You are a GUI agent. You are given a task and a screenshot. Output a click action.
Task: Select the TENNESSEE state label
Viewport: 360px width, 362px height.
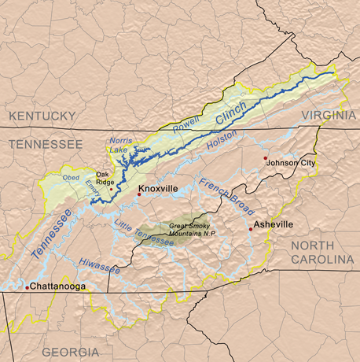click(45, 145)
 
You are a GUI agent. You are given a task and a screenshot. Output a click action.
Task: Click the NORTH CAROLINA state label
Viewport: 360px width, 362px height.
click(323, 253)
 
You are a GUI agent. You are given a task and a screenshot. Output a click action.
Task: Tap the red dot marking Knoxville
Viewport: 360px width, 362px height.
click(139, 194)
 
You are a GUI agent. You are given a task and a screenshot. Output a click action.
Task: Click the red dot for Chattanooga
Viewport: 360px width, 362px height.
click(27, 287)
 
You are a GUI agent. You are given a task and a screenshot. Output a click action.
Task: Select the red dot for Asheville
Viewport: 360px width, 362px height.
click(251, 229)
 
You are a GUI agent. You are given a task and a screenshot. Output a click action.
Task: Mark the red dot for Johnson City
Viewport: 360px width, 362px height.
click(266, 158)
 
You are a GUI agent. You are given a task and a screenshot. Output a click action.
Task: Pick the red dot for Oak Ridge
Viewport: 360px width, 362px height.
click(111, 189)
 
